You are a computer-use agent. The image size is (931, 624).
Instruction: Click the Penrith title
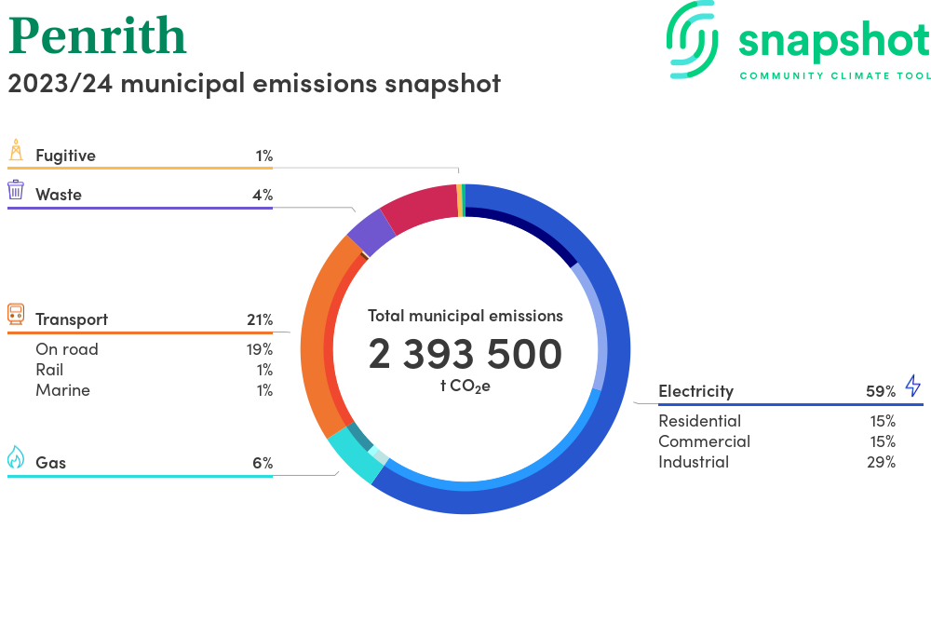[98, 37]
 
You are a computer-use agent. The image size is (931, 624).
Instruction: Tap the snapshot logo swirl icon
[694, 38]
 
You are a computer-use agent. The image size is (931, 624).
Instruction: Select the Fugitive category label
[65, 156]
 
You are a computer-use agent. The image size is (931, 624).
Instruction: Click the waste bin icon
[16, 190]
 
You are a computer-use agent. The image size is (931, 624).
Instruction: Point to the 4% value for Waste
[262, 195]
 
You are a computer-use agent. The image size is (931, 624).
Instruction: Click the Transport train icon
[16, 314]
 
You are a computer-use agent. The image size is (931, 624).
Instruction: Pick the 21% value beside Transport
[260, 319]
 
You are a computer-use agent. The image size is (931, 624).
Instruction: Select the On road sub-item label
[67, 349]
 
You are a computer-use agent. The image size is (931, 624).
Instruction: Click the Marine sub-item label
[63, 390]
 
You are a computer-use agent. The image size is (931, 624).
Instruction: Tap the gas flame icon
[16, 457]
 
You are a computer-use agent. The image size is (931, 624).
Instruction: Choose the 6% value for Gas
[262, 463]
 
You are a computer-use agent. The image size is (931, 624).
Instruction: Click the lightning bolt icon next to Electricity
[912, 386]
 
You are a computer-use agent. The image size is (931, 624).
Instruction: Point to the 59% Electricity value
[881, 391]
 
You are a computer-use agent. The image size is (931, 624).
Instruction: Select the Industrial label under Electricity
[694, 462]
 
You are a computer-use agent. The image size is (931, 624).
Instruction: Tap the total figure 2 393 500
[465, 354]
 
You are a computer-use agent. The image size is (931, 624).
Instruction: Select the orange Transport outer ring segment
[314, 345]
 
